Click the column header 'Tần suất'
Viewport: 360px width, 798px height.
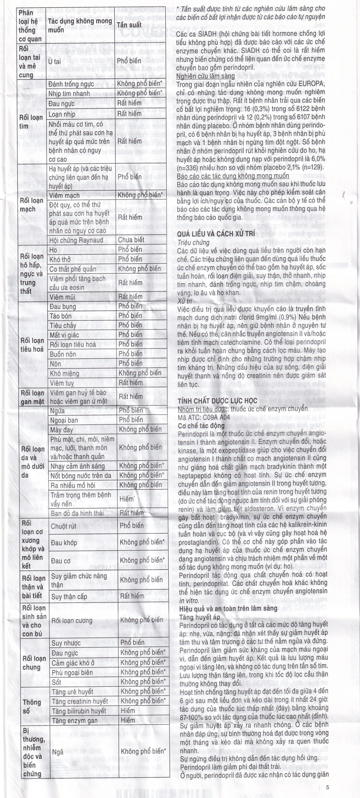click(130, 25)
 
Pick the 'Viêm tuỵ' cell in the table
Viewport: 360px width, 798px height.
click(62, 383)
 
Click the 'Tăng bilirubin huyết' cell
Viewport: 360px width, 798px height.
click(79, 711)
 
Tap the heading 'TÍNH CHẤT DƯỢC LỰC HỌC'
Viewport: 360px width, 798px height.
click(218, 401)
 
